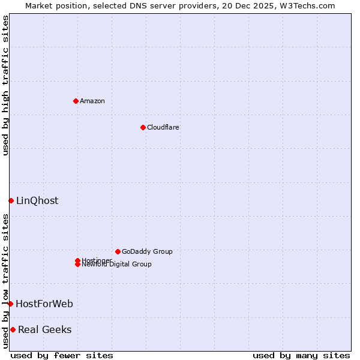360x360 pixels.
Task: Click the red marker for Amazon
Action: pyautogui.click(x=76, y=101)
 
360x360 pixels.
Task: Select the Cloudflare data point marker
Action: pyautogui.click(x=143, y=127)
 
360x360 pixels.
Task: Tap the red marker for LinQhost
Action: pyautogui.click(x=11, y=200)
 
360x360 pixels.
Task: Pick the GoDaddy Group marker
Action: pyautogui.click(x=118, y=251)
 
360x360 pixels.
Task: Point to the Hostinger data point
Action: pyautogui.click(x=77, y=260)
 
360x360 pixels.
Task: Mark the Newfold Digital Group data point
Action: pyautogui.click(x=77, y=265)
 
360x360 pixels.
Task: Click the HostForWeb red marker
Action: pyautogui.click(x=10, y=304)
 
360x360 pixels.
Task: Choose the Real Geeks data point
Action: pyautogui.click(x=13, y=329)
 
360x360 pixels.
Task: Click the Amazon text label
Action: pyautogui.click(x=92, y=101)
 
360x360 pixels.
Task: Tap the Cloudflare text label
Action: pyautogui.click(x=163, y=127)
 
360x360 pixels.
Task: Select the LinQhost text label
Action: pyautogui.click(x=37, y=200)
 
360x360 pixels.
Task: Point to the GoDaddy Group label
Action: pyautogui.click(x=147, y=251)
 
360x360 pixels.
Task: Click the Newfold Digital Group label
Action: pyautogui.click(x=117, y=265)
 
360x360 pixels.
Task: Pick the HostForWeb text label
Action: pyautogui.click(x=44, y=304)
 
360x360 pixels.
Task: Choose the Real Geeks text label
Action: pyautogui.click(x=45, y=329)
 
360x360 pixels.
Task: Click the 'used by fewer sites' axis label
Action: pyautogui.click(x=62, y=355)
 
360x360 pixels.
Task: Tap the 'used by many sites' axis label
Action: pyautogui.click(x=301, y=355)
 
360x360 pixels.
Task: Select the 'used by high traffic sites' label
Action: pyautogui.click(x=5, y=85)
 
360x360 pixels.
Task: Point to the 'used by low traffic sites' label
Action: pyautogui.click(x=5, y=281)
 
